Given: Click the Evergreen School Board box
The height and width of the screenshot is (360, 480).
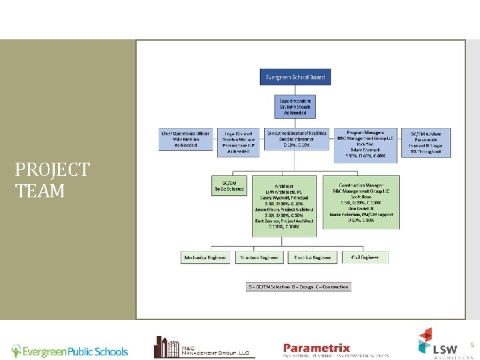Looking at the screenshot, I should pos(295,77).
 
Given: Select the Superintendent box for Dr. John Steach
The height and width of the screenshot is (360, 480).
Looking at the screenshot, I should pos(295,107).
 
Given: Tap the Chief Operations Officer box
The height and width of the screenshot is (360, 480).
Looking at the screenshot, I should pos(185,139).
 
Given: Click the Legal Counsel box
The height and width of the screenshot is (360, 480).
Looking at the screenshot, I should pos(238,142).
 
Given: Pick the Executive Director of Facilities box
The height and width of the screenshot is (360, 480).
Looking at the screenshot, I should pos(297,139).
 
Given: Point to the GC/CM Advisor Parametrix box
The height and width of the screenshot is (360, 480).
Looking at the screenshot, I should pos(425,142).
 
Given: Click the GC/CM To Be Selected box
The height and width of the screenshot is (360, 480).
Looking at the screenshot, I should pos(228,185).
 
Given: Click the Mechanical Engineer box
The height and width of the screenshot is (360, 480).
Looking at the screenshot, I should pos(205,257).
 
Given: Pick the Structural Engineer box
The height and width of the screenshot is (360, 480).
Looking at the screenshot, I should pos(259,257).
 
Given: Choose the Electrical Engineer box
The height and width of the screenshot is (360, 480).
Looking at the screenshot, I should pos(313,257).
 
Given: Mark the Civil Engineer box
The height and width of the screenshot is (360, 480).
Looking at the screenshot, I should pos(365,257).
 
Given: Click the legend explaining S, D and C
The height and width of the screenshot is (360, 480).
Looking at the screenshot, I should pos(299,287).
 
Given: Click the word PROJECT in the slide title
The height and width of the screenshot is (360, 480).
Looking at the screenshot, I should pos(52,170).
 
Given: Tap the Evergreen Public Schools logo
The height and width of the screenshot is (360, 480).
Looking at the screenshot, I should pos(69,351).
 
